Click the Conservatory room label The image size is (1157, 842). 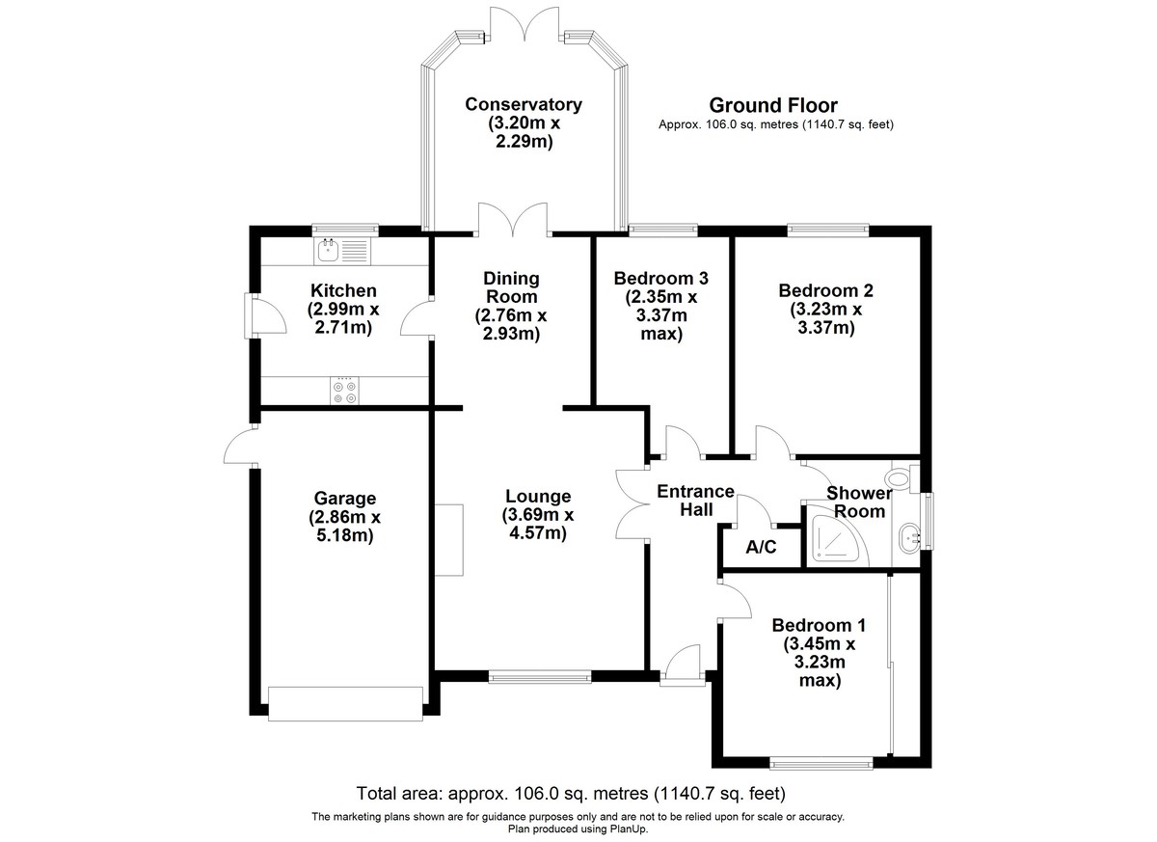pos(523,104)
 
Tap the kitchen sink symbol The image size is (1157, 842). pos(341,251)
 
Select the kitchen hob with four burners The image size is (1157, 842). pos(344,390)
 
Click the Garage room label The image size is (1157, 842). pos(344,499)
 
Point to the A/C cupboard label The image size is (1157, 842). pos(761,548)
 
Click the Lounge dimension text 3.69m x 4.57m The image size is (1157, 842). pos(539,523)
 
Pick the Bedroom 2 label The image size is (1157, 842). pos(825,290)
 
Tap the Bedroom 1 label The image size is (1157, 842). pos(811,624)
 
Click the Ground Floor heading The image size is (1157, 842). pos(773,105)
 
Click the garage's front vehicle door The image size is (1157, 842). pos(345,703)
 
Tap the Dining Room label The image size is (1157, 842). pos(510,287)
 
